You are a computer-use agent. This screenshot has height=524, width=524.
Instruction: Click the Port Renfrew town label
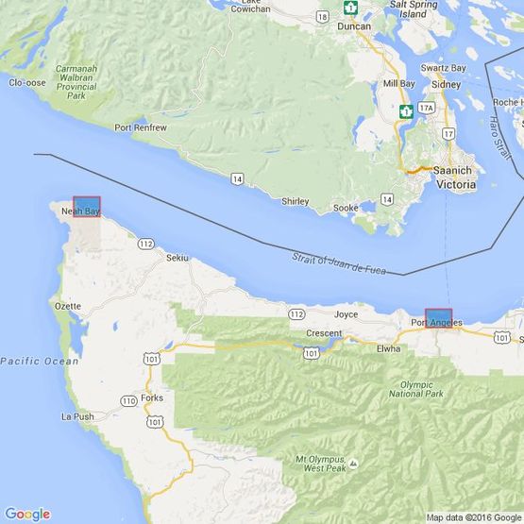pos(141,127)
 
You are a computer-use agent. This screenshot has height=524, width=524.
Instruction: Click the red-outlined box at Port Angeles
pos(439,318)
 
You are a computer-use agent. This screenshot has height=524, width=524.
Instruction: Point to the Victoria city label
pos(456,185)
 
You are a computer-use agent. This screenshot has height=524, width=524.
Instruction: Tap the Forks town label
pos(152,397)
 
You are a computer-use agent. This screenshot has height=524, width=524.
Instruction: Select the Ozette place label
pos(70,306)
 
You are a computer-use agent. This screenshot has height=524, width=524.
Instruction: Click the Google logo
pos(26,514)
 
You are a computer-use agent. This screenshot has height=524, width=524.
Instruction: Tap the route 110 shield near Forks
pos(128,401)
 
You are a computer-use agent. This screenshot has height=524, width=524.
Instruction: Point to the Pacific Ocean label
pos(40,361)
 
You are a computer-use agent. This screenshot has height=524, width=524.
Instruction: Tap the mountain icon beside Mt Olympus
pos(353,464)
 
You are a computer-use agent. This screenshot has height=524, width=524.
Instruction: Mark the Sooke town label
pos(347,207)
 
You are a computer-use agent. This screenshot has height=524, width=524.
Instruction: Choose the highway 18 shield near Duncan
pos(323,16)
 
